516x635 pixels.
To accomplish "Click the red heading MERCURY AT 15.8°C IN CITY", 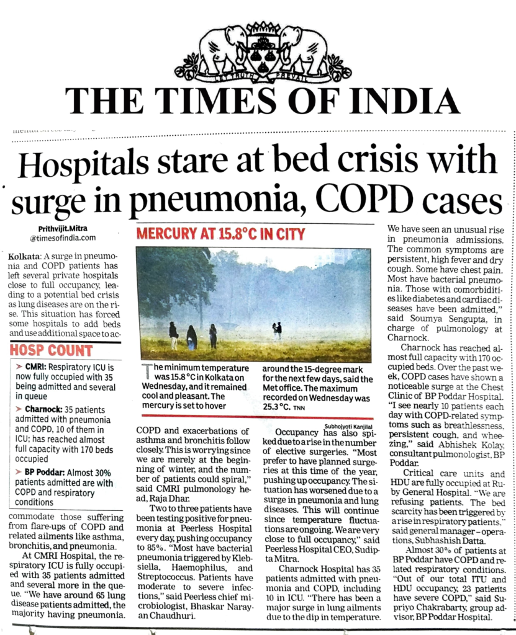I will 221,234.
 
